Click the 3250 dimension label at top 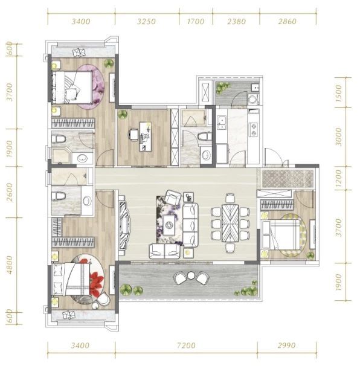click(x=146, y=22)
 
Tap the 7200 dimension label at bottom click(x=186, y=345)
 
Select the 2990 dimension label click(x=287, y=345)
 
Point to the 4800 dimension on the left click(x=9, y=265)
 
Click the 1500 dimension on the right click(x=338, y=93)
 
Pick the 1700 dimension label click(x=196, y=22)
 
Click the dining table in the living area click(x=230, y=223)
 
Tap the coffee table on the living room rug click(x=169, y=225)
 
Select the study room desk click(x=145, y=136)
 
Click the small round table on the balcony click(x=191, y=275)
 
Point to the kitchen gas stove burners click(x=253, y=130)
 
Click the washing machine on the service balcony click(x=252, y=99)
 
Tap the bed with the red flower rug click(x=71, y=279)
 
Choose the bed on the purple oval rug click(x=71, y=88)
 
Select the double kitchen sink click(x=222, y=123)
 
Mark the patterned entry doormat click(x=288, y=179)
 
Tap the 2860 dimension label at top click(x=287, y=22)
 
